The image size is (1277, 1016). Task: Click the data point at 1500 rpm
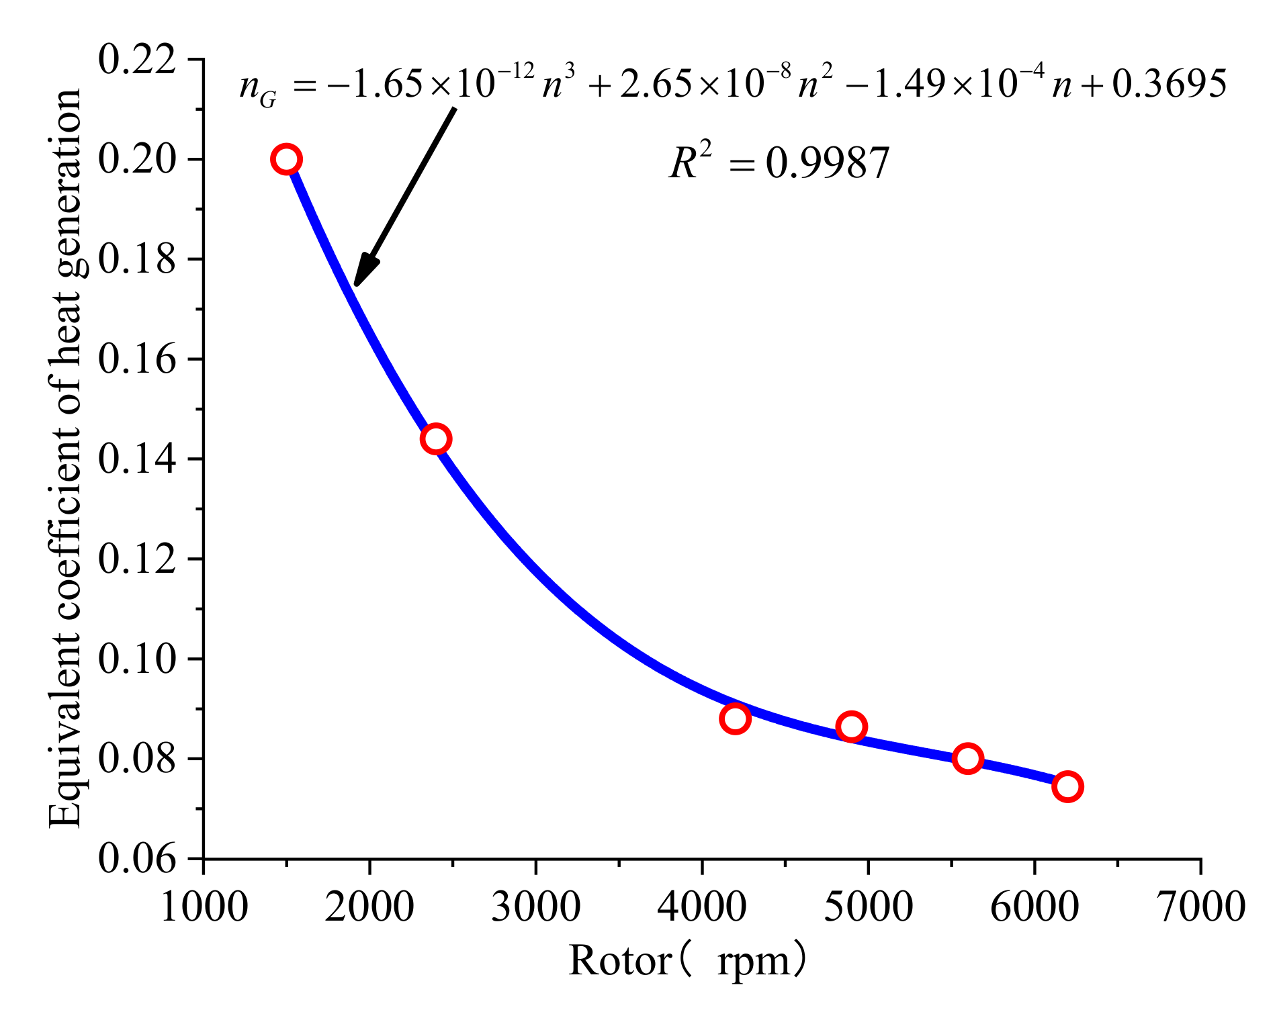(286, 159)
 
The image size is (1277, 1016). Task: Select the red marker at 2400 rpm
(435, 439)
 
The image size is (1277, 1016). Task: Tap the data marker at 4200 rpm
(735, 719)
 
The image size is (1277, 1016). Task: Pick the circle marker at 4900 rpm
(851, 727)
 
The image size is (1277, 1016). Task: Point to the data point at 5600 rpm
(967, 759)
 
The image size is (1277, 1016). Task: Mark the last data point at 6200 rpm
(1067, 786)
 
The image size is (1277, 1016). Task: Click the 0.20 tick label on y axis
(137, 160)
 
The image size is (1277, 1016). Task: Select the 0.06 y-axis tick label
(137, 859)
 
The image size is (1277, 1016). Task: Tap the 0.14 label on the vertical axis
(137, 459)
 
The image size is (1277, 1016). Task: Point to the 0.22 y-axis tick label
(137, 60)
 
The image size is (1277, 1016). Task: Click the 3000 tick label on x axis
(535, 907)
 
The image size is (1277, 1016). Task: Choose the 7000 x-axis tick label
(1201, 907)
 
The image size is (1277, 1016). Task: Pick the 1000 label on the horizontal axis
(204, 907)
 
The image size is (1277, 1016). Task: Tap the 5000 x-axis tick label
(868, 907)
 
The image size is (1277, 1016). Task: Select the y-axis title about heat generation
(65, 459)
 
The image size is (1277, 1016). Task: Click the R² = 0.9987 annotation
(779, 163)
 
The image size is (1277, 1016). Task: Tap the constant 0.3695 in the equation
(1168, 85)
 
